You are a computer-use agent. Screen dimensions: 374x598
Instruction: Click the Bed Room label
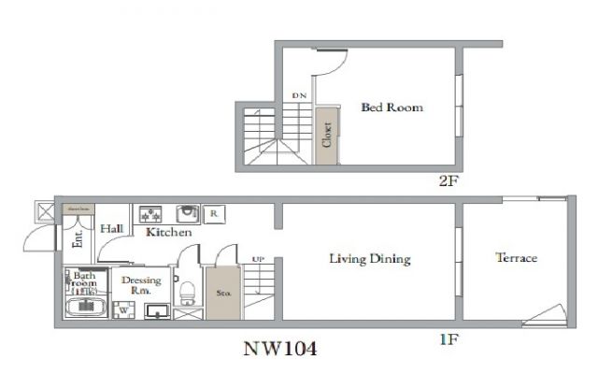392,108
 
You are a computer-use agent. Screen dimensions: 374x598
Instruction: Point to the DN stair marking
299,96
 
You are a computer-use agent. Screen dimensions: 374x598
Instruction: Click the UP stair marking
257,259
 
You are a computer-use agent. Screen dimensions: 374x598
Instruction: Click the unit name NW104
280,350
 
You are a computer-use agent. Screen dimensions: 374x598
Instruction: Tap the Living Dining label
370,259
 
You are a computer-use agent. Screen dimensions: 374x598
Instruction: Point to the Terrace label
516,257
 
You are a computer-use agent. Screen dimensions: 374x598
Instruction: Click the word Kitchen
168,232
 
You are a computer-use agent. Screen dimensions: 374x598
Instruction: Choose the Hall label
113,228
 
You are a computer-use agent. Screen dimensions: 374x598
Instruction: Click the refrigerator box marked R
213,213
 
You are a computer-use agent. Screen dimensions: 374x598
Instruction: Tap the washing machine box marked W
122,310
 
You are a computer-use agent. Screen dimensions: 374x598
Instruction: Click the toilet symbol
187,293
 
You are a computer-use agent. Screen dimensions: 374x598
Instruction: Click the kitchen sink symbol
188,213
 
